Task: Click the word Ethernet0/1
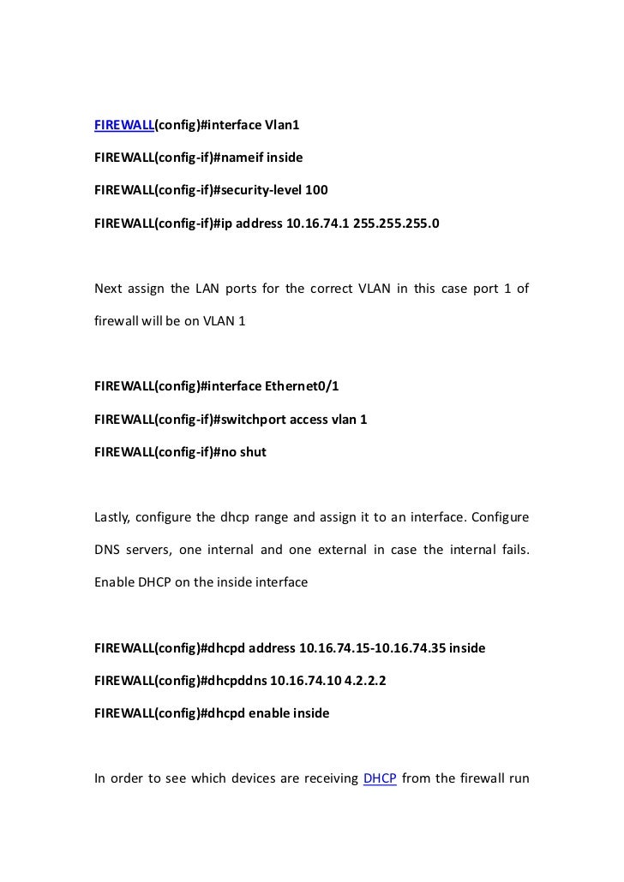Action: click(304, 386)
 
